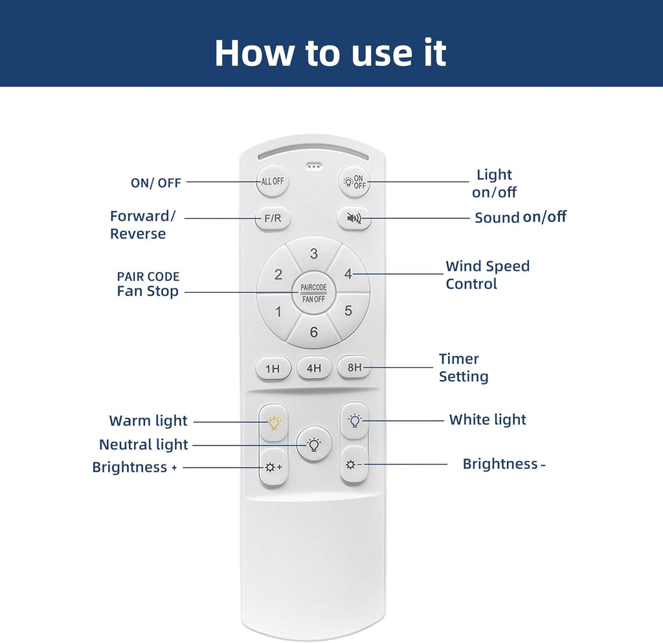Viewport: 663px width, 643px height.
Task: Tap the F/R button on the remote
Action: (x=273, y=219)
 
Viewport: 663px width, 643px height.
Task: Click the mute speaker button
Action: (x=354, y=218)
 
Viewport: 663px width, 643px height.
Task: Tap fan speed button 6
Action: (x=314, y=332)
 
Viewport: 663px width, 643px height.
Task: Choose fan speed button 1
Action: (x=278, y=311)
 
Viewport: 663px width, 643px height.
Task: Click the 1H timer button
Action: (x=273, y=368)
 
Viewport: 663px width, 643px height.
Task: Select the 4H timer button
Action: (x=314, y=368)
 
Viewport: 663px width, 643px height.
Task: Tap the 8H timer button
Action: (x=354, y=367)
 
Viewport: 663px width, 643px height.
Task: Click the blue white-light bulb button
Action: (x=354, y=421)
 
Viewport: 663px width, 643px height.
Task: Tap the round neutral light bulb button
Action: (x=314, y=444)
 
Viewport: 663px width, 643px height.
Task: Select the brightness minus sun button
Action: (x=354, y=464)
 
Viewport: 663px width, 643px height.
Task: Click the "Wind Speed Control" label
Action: (x=488, y=275)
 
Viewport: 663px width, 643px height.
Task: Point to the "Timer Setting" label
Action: (x=464, y=367)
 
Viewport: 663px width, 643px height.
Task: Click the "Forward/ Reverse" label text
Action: (x=142, y=225)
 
